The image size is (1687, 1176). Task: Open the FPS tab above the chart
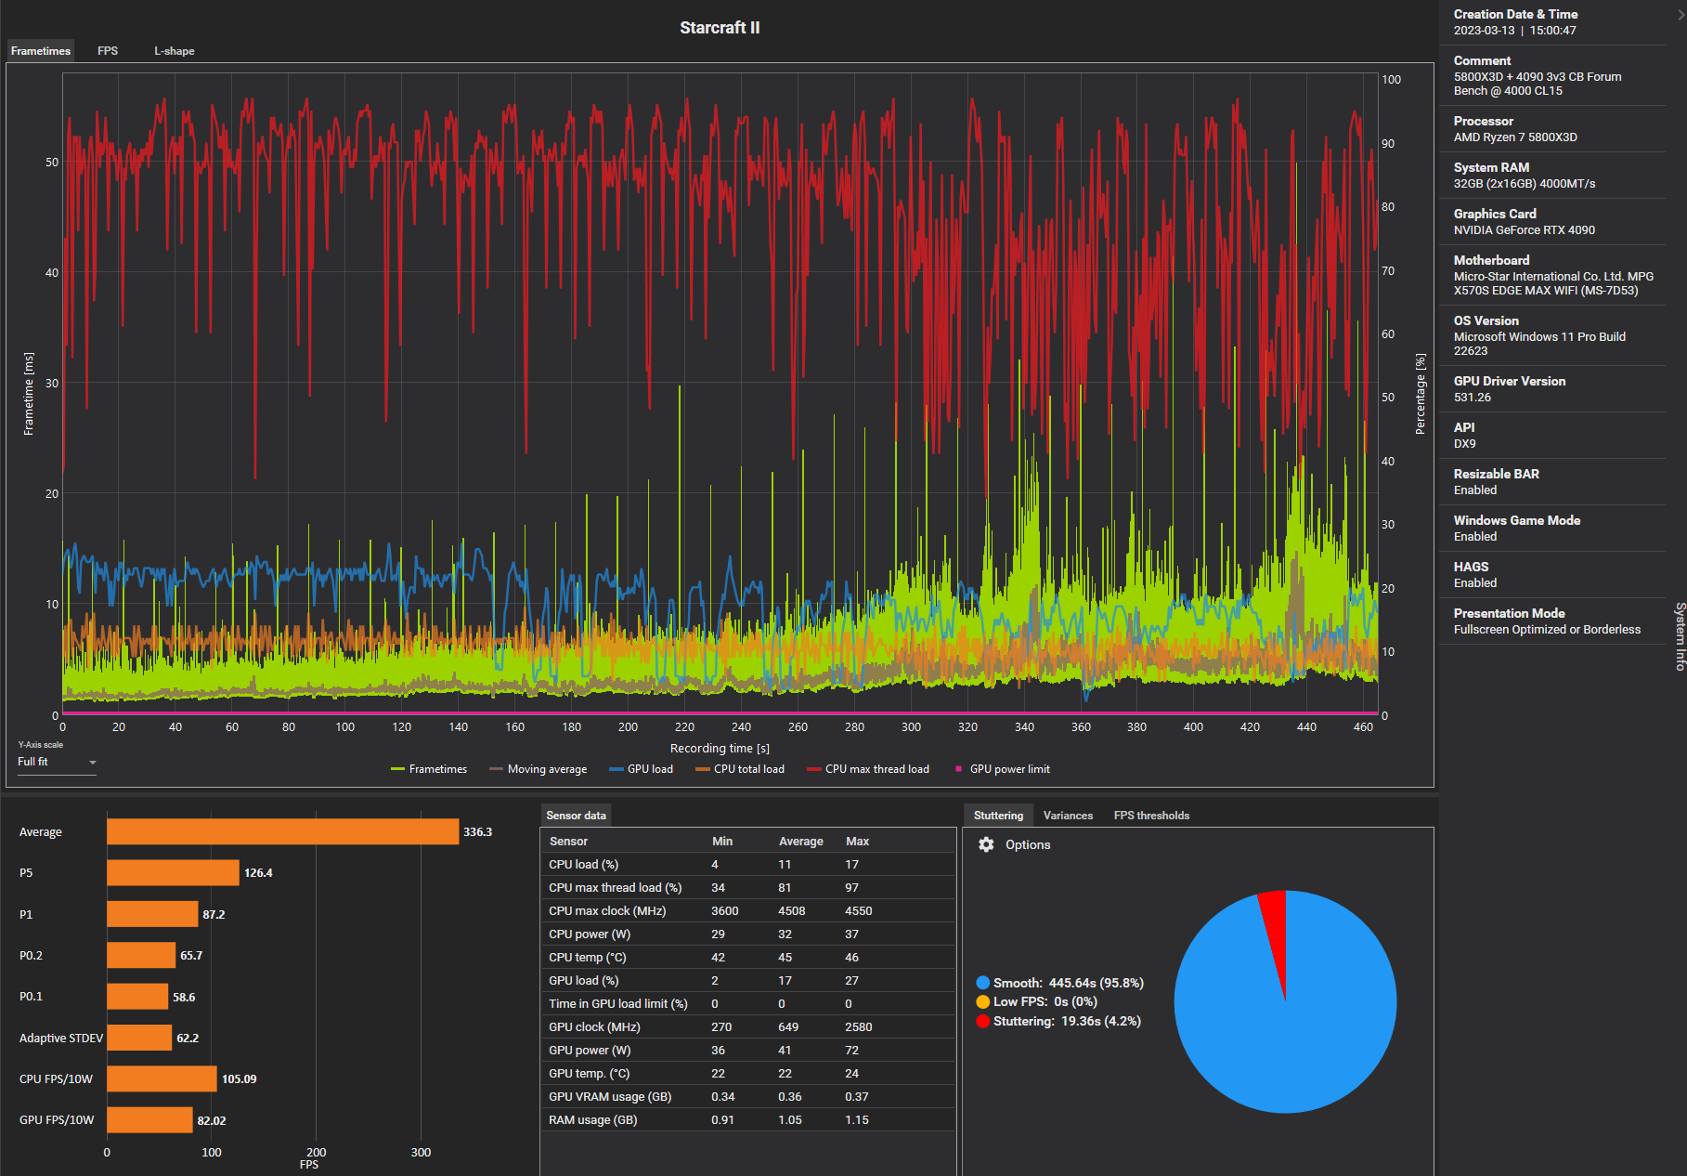coord(108,51)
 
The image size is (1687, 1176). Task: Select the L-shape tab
coord(174,51)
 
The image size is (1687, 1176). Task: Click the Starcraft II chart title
coord(720,28)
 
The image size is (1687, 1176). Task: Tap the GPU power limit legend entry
coord(1008,769)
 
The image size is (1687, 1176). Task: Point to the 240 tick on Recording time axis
coord(741,727)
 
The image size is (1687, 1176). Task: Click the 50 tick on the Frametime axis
coord(52,163)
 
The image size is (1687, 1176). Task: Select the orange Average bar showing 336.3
coord(282,832)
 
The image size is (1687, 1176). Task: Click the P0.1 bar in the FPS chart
coord(137,997)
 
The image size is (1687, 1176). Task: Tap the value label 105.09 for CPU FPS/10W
coord(239,1079)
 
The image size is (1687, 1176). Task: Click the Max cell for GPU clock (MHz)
coord(858,1027)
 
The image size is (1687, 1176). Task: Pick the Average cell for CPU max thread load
coord(785,888)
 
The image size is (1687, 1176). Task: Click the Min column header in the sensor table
coord(722,842)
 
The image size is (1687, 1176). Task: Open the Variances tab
coord(1068,816)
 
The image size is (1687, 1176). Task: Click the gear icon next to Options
coord(986,844)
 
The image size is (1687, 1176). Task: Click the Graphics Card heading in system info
coord(1495,214)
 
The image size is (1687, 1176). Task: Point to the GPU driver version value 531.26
coord(1473,398)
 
